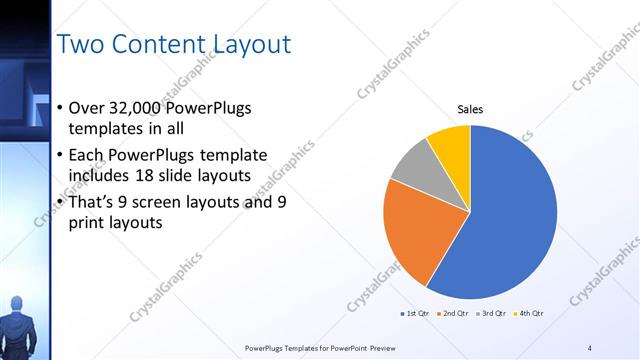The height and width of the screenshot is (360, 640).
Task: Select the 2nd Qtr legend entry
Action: click(x=455, y=315)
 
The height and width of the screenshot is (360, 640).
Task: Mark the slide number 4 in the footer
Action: click(x=590, y=347)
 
